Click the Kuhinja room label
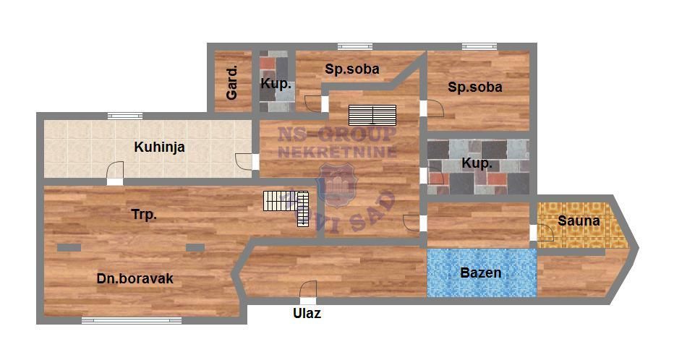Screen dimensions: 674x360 (159, 147)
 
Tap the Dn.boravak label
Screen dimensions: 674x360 (135, 278)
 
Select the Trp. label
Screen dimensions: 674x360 (144, 215)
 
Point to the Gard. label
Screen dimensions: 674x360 (231, 82)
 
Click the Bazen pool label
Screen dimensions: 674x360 (481, 273)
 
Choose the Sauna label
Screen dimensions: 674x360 (579, 220)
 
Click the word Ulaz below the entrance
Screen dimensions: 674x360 (307, 313)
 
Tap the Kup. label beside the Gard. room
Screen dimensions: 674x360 (276, 84)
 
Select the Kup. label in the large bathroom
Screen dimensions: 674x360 (477, 163)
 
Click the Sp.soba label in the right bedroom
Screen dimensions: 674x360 (475, 87)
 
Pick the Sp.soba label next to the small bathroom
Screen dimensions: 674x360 (352, 69)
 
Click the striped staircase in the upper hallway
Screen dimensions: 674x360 (372, 115)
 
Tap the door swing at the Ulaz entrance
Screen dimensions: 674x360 (308, 289)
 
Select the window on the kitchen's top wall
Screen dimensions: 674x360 (124, 116)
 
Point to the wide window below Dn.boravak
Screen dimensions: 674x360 (132, 320)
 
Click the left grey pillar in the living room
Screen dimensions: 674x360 (69, 247)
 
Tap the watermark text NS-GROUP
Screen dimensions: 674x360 (336, 134)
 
